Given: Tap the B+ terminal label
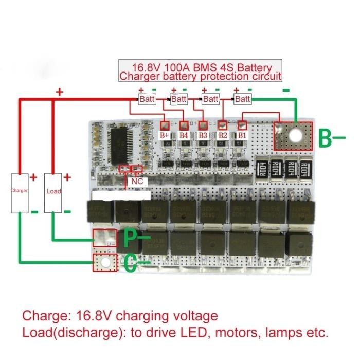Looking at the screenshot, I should click(x=165, y=135).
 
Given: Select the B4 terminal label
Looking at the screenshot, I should click(x=184, y=135).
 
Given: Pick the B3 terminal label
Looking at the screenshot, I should click(x=203, y=135).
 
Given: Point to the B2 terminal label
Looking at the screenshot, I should click(x=222, y=135).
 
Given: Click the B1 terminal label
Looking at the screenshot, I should click(x=242, y=135).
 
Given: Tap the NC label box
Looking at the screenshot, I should click(x=137, y=182).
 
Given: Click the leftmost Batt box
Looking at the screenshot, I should click(x=147, y=98).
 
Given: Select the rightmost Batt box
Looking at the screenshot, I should click(x=243, y=98).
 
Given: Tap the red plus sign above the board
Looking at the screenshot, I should click(x=59, y=93).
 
